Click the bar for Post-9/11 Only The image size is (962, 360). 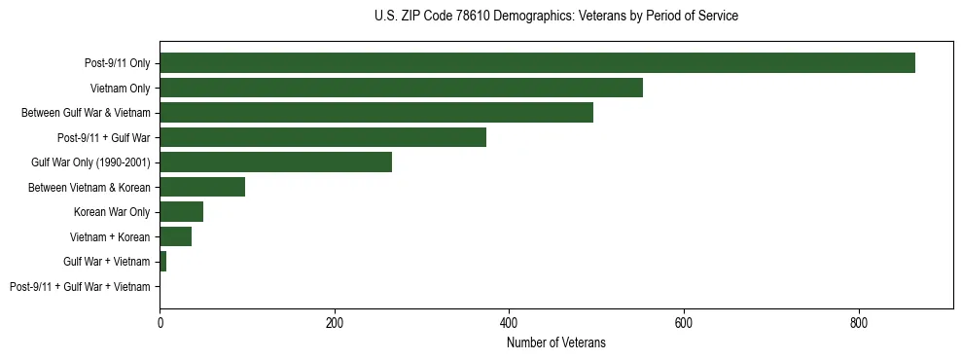(x=537, y=63)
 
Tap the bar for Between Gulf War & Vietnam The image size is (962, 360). (x=376, y=113)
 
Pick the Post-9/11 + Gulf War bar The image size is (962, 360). (x=323, y=137)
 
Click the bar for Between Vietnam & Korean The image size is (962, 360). (x=202, y=187)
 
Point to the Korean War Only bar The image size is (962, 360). (x=181, y=212)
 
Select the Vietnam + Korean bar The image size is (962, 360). (x=175, y=236)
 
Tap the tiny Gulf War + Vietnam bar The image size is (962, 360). (x=162, y=262)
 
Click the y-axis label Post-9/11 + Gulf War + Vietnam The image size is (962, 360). (x=80, y=287)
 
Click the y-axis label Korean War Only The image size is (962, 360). (x=112, y=212)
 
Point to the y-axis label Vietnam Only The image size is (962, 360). (x=121, y=89)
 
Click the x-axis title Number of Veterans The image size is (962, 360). (x=555, y=342)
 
